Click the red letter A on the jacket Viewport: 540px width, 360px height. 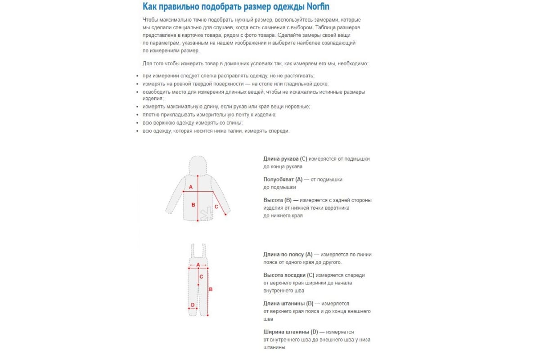click(x=190, y=186)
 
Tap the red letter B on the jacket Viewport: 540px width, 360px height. click(x=193, y=205)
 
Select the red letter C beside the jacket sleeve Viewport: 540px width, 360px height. click(x=216, y=207)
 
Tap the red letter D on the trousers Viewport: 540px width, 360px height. click(x=193, y=305)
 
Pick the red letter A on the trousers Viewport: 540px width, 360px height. click(x=198, y=265)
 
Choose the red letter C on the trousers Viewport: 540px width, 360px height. click(x=201, y=277)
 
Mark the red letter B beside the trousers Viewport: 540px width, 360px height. click(x=211, y=289)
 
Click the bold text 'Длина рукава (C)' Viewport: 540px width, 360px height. click(x=285, y=159)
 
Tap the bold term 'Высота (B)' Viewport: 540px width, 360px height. click(x=278, y=200)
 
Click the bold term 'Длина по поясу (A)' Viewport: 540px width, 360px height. click(x=288, y=255)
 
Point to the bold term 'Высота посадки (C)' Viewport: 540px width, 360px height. click(x=288, y=275)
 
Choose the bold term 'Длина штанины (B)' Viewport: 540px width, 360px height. click(x=288, y=304)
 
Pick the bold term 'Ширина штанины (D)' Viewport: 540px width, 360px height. click(x=290, y=332)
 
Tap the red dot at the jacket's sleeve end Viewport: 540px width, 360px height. click(x=225, y=215)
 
